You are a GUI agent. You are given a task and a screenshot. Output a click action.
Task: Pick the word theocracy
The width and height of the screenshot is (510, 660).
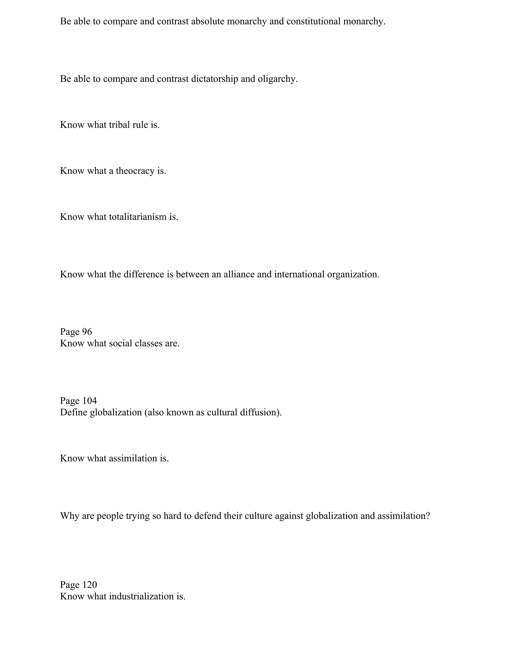135,171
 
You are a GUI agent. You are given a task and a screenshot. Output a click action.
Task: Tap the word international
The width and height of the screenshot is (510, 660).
299,274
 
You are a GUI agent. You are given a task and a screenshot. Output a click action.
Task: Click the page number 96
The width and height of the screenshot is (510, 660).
87,332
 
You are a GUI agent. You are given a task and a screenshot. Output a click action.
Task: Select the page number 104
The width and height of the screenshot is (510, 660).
89,401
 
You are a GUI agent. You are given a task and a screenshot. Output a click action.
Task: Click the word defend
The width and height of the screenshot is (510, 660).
208,516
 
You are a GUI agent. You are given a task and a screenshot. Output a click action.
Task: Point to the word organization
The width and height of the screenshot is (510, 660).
353,275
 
